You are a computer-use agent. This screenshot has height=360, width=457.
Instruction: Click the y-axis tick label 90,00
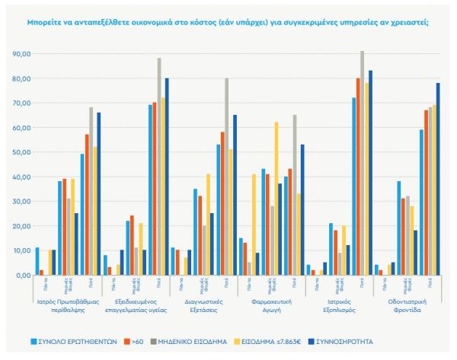(21, 54)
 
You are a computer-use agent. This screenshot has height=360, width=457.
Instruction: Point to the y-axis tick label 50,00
(21, 152)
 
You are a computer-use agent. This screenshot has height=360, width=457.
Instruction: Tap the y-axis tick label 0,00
(22, 275)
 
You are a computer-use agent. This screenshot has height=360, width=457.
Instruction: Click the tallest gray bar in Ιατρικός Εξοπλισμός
(362, 163)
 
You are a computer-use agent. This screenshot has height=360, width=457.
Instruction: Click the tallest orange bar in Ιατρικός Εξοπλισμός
(358, 177)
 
